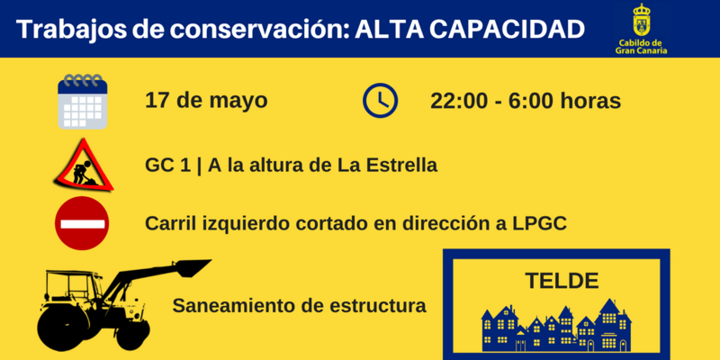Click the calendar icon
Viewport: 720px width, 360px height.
coord(83,101)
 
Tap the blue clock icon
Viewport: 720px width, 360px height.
coord(381,100)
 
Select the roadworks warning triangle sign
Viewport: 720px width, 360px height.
coord(84,164)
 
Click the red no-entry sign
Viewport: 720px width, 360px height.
coord(82,223)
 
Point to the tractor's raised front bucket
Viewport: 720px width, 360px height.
coord(190,267)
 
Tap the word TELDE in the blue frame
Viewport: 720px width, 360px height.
coord(561,280)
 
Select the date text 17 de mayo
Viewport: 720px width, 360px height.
coord(206,100)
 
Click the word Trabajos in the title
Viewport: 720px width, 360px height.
coord(67,30)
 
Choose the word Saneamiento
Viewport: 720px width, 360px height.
coord(231,306)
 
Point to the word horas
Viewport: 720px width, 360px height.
coord(590,101)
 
